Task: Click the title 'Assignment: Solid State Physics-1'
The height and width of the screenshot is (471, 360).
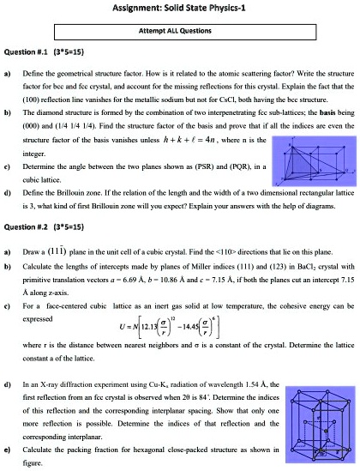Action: pos(179,8)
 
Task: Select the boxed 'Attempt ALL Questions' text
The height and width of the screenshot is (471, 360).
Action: pos(179,27)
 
